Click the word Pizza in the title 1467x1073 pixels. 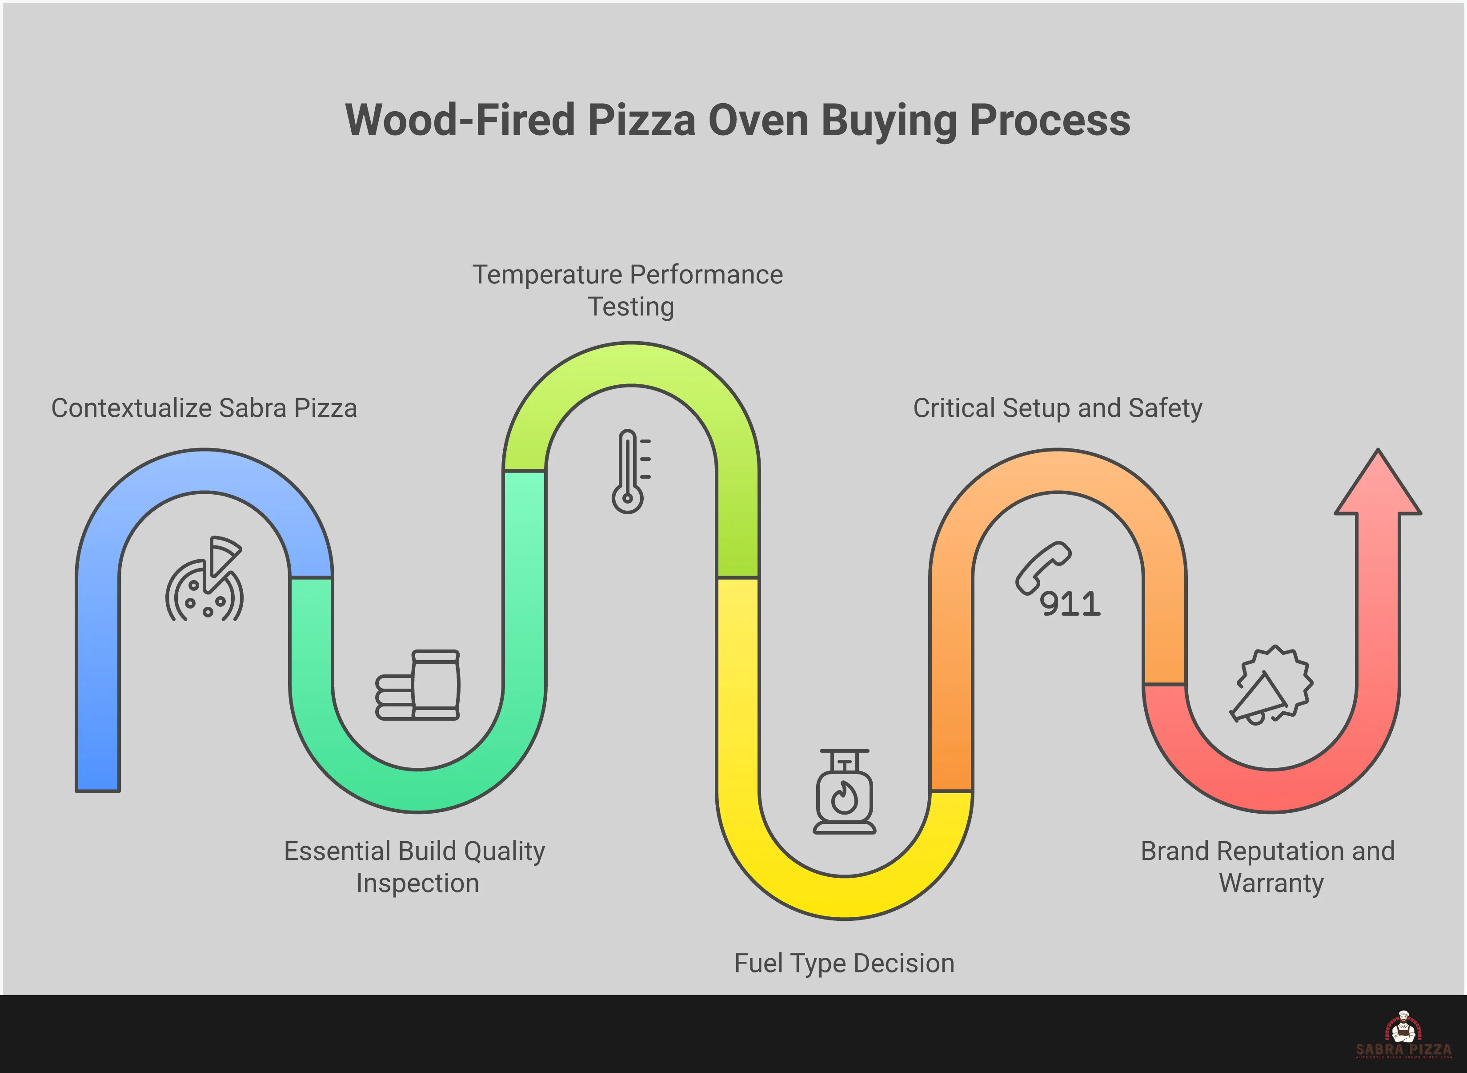pos(641,121)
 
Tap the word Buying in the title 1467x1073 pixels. pos(888,121)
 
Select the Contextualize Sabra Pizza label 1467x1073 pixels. pos(204,408)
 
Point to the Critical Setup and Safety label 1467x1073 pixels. pos(1058,408)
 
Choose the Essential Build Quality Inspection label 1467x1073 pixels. pos(415,867)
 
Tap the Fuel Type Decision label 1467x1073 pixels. pos(844,963)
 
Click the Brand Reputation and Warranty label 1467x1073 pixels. pos(1268,867)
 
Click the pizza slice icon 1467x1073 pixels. pos(205,580)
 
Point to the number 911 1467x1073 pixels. pos(1070,604)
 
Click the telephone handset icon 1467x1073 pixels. pos(1042,567)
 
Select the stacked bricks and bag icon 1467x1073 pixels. pos(417,685)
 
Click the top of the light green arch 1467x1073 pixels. pos(631,364)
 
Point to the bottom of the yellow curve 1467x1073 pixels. pos(844,898)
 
